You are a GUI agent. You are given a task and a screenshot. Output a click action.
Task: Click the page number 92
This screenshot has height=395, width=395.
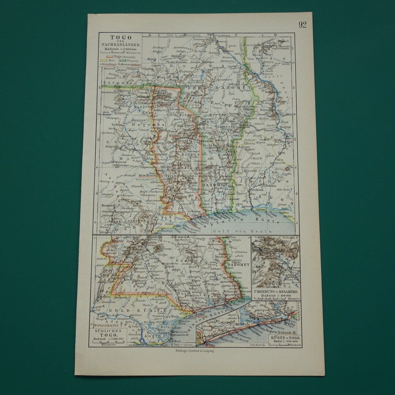(302, 25)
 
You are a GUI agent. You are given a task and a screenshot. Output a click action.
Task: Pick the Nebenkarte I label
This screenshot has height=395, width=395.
(108, 326)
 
